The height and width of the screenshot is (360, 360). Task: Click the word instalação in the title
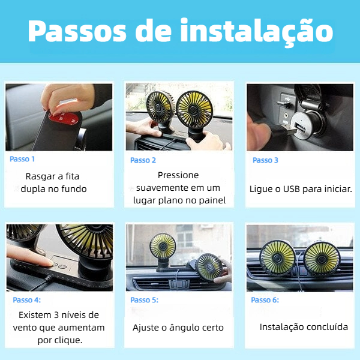tap(257, 31)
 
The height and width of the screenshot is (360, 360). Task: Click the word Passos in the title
tap(77, 31)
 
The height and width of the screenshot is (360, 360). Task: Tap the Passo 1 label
tap(22, 159)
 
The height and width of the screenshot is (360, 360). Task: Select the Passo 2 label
tap(143, 160)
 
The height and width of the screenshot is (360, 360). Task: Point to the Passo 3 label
tap(265, 160)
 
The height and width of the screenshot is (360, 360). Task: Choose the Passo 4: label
tap(27, 300)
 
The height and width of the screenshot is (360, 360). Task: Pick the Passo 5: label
tap(145, 300)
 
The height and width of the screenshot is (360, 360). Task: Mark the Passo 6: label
tap(265, 300)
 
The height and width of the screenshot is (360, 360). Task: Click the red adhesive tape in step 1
tap(65, 118)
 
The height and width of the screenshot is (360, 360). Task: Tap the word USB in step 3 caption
tap(292, 189)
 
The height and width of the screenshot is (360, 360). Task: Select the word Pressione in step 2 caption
tap(178, 175)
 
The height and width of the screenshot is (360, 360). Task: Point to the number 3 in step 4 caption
tap(56, 315)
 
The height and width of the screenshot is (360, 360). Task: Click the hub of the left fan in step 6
tap(277, 258)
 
